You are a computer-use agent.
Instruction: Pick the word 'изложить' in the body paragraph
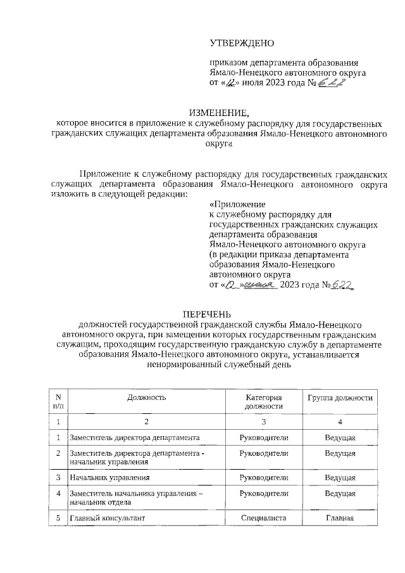pos(69,193)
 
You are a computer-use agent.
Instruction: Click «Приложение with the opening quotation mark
pos(237,204)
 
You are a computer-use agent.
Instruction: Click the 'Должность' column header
pos(146,397)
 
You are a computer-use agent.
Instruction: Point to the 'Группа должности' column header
pos(340,397)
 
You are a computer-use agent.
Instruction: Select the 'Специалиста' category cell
pos(265,518)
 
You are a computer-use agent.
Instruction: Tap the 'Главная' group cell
pos(340,518)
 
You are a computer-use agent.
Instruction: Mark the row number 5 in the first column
pos(58,518)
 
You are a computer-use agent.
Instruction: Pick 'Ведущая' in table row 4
pos(340,493)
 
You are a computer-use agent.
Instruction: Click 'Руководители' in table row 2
pos(265,454)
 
